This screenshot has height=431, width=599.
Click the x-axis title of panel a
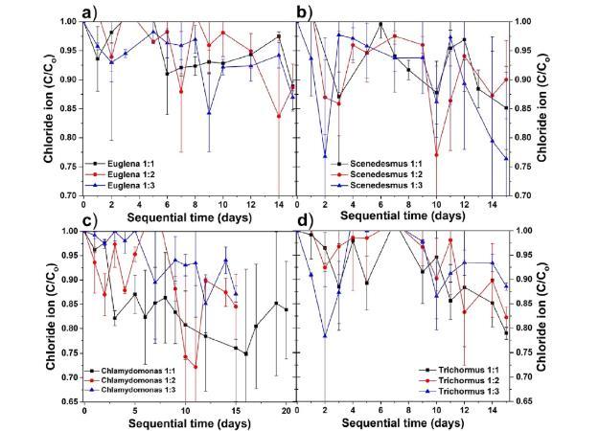pos(176,217)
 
